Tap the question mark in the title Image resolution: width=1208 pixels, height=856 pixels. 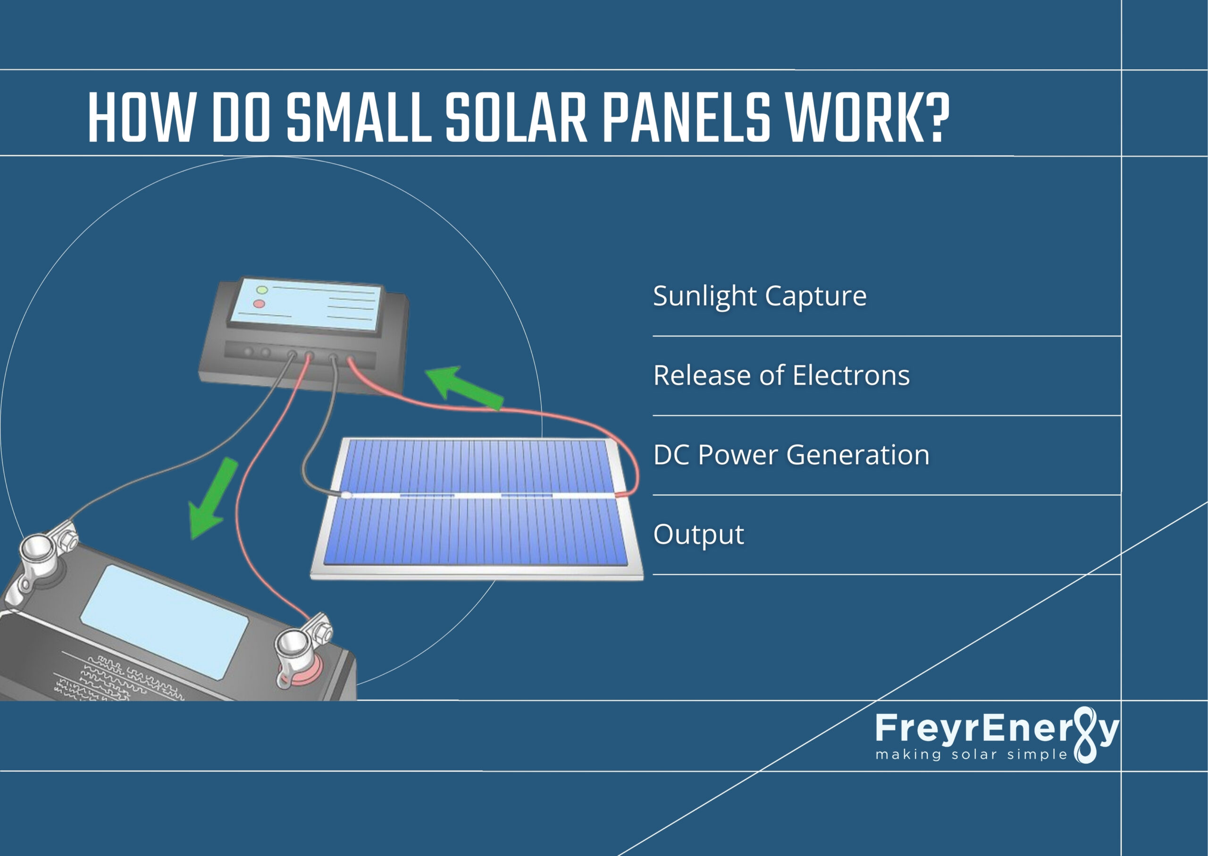click(x=936, y=118)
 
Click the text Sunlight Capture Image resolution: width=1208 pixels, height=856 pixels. click(x=759, y=296)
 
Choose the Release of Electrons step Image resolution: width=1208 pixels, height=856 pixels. click(x=781, y=375)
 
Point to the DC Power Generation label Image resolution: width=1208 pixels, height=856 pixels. click(x=791, y=455)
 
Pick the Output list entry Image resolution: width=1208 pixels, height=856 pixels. click(x=698, y=534)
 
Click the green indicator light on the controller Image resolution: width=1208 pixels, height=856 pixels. click(x=262, y=289)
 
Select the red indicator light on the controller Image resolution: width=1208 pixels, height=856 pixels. click(x=259, y=304)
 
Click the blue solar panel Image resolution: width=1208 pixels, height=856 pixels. click(x=477, y=509)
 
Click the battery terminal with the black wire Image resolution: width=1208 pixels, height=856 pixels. click(x=40, y=553)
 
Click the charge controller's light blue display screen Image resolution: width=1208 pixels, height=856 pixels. click(x=306, y=306)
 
